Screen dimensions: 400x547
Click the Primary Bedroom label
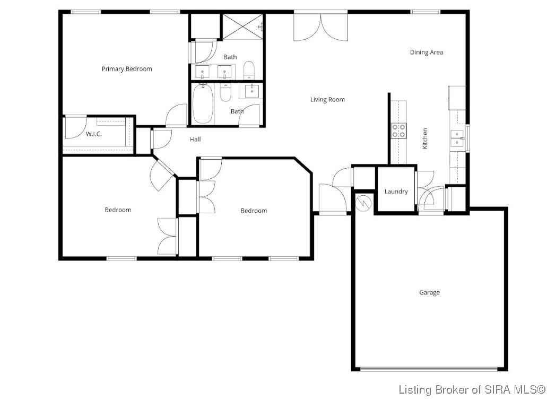pos(127,68)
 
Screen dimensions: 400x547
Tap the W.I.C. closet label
pos(94,134)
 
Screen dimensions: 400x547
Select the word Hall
pos(195,140)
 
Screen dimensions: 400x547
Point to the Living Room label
pos(327,99)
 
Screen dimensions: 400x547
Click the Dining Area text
pos(426,52)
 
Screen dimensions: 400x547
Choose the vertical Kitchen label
pos(425,138)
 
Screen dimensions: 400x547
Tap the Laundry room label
pos(396,192)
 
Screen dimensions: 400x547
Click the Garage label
pos(429,292)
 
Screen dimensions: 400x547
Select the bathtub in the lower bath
pos(203,104)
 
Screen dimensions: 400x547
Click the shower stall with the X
pos(242,25)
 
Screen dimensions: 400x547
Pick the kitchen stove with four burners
pos(398,131)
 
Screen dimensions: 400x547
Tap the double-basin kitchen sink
pos(457,138)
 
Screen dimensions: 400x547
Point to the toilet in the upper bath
pos(249,70)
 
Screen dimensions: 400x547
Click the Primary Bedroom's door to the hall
pos(177,115)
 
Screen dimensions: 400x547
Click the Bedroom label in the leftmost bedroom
pos(117,210)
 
